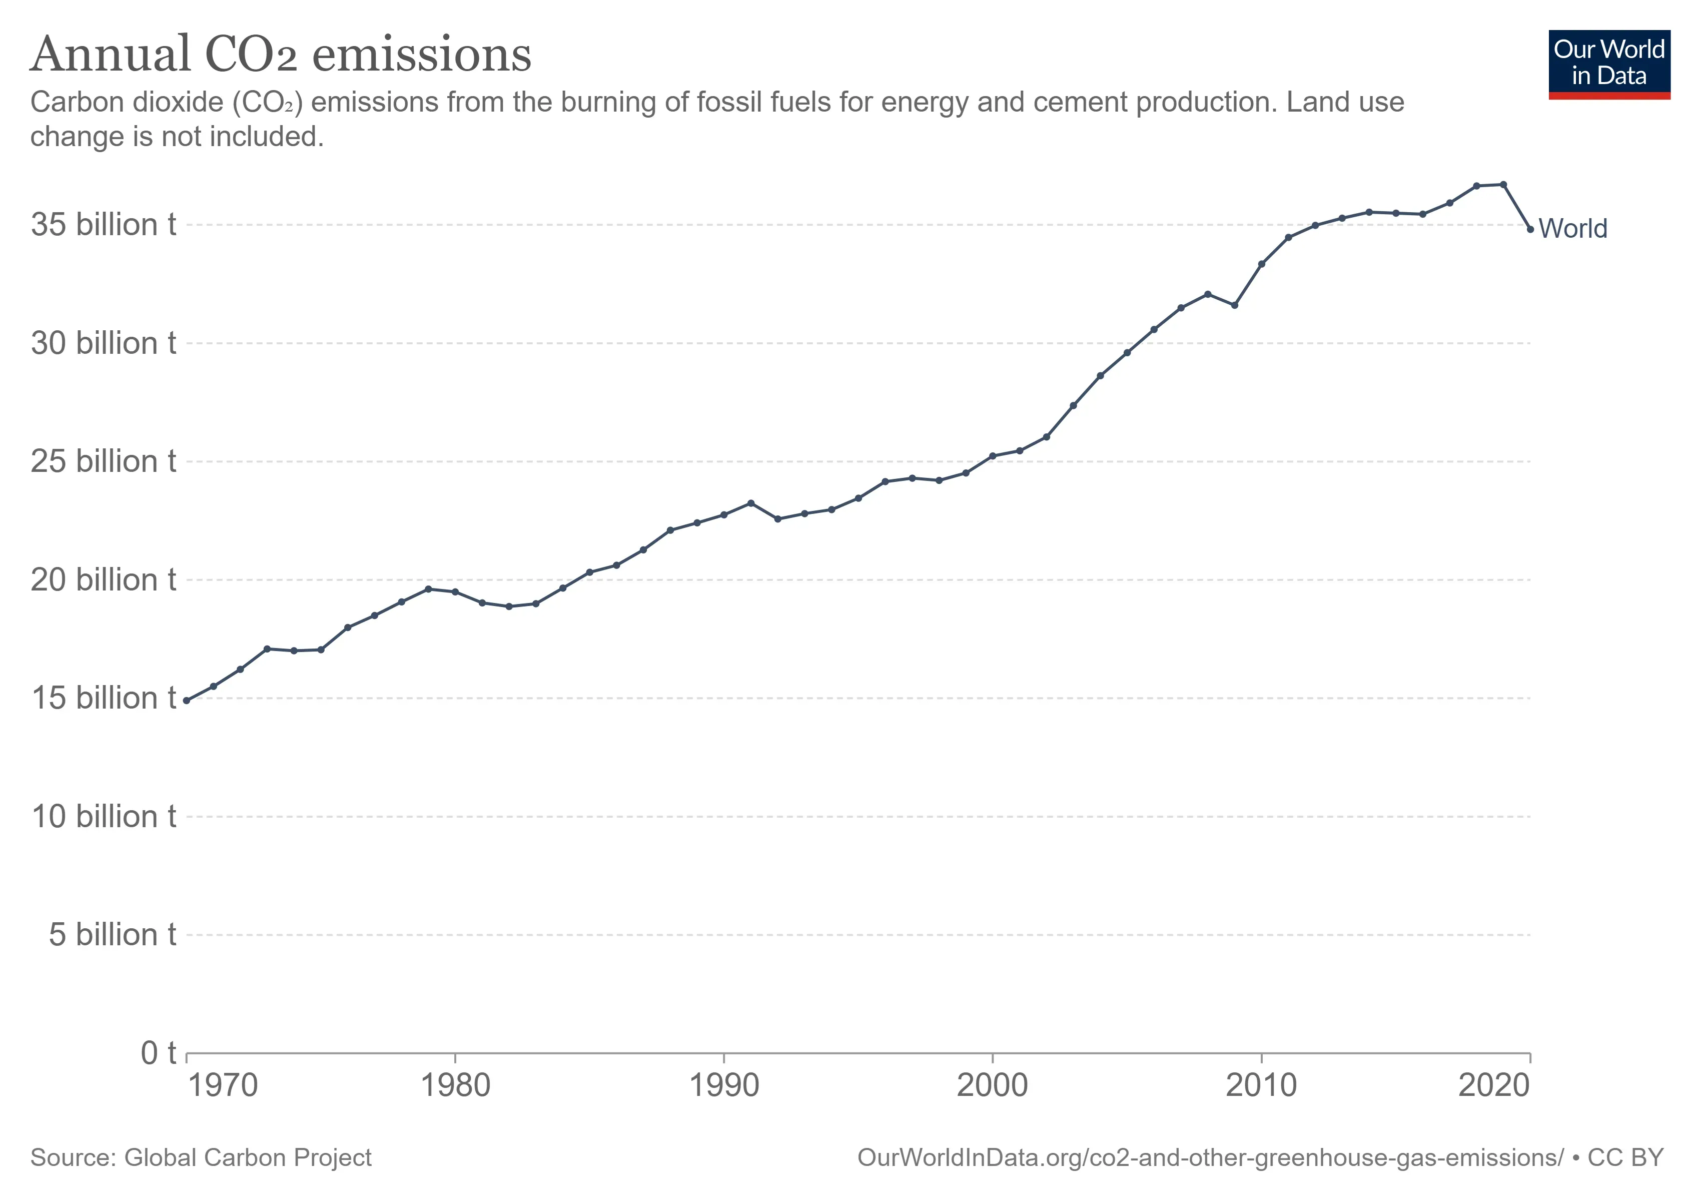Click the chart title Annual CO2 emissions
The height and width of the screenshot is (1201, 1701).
(x=280, y=55)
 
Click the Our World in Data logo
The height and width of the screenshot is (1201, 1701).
(x=1609, y=64)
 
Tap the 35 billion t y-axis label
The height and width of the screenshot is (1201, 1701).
(x=103, y=225)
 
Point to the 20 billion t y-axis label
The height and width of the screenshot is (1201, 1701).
(x=103, y=579)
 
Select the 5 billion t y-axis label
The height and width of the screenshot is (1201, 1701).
(x=112, y=934)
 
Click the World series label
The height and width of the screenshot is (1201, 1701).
(x=1573, y=228)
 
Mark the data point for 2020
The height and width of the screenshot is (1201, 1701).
(x=1530, y=229)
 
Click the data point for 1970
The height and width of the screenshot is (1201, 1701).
(x=187, y=700)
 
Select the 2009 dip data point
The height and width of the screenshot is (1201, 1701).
(x=1234, y=305)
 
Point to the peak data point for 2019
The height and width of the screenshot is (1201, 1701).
(x=1503, y=185)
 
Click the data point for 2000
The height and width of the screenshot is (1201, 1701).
(x=993, y=456)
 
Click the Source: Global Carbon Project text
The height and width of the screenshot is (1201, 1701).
(x=201, y=1157)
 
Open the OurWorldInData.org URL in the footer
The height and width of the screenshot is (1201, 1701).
(x=1210, y=1157)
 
